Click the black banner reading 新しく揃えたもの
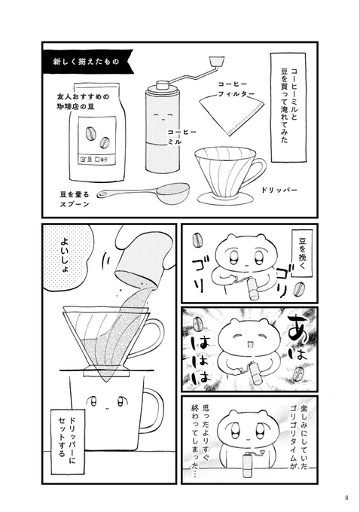pos(87,62)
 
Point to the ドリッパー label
pos(279,190)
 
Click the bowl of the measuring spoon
pos(173,191)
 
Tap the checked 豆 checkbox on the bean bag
pos(83,160)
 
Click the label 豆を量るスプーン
pos(75,200)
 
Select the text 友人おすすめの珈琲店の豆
pos(83,102)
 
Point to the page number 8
pos(346,498)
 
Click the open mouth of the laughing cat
pos(250,345)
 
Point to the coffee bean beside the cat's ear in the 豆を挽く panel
pos(197,241)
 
